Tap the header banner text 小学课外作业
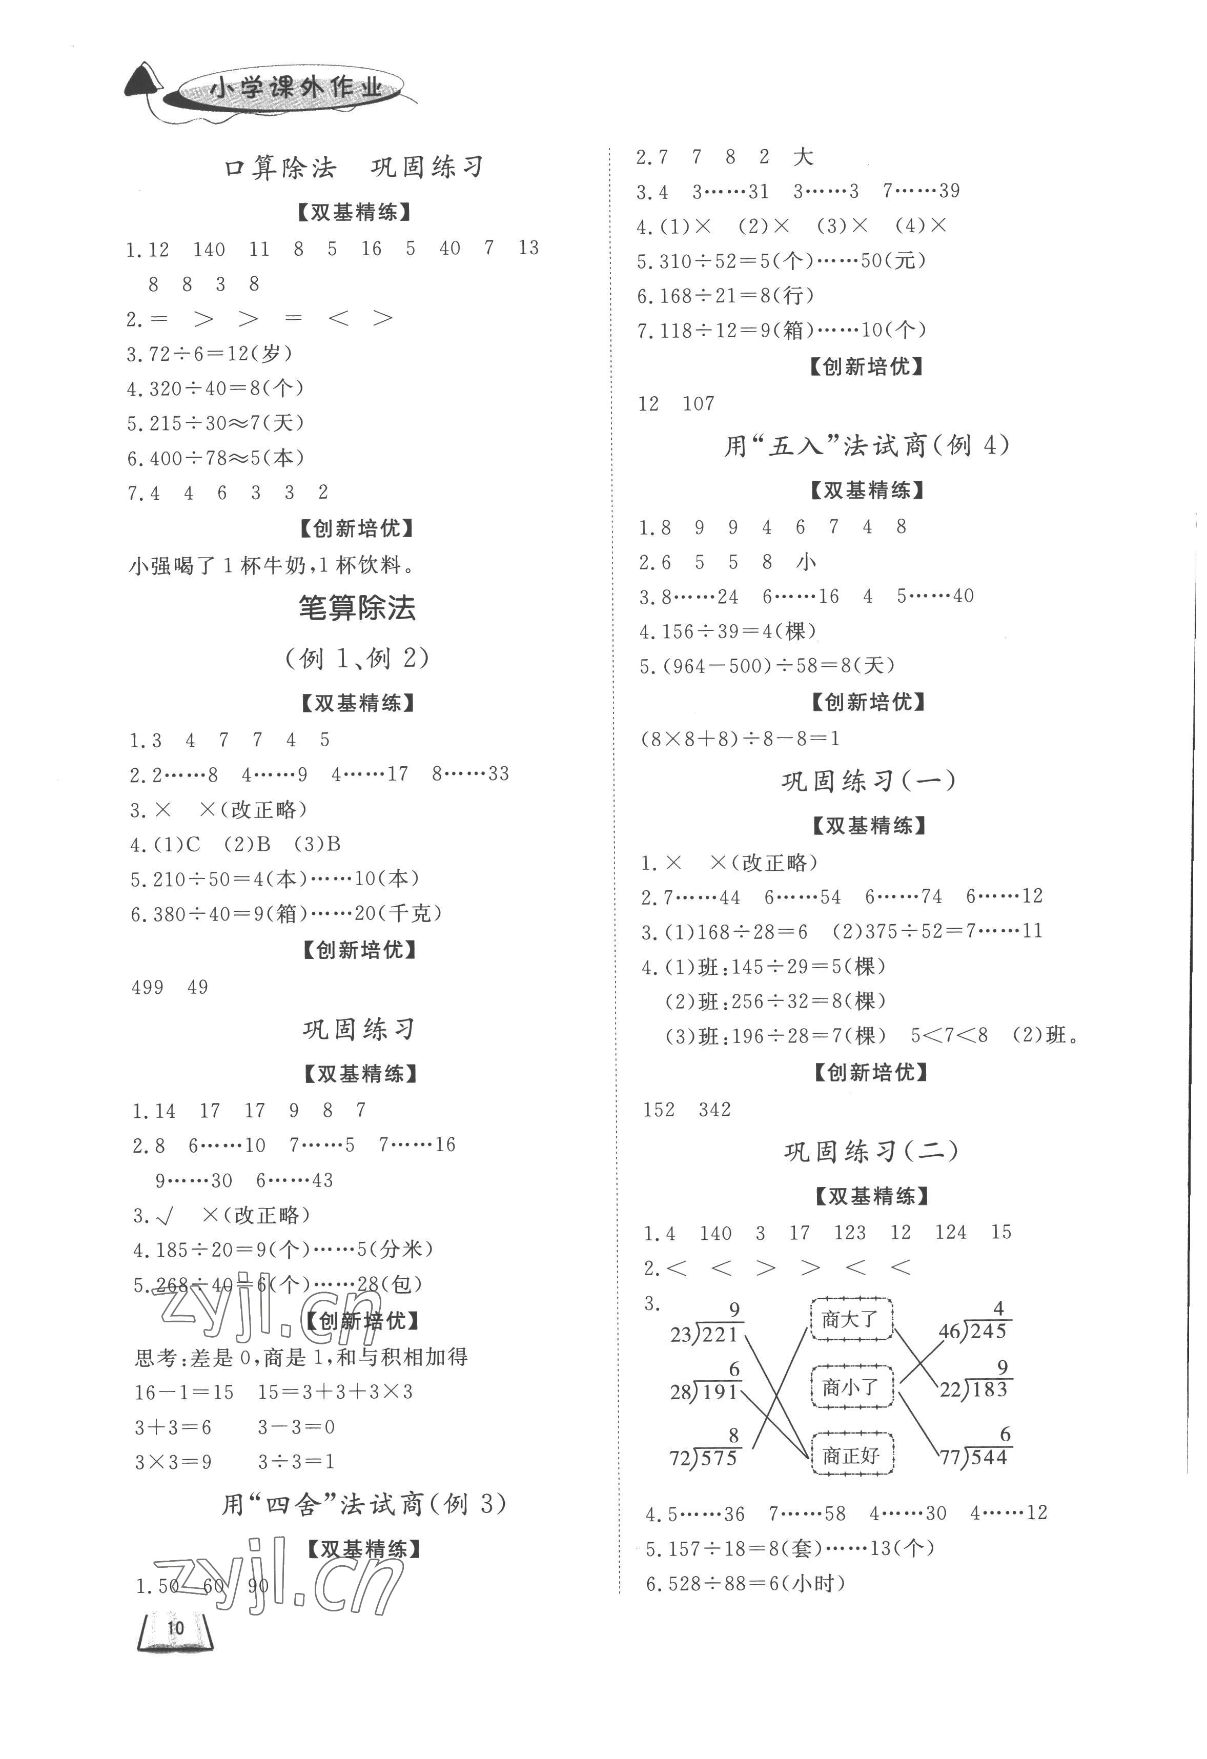295,89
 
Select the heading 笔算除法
357,608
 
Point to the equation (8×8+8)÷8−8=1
740,739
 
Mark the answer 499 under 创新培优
148,987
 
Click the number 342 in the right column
714,1110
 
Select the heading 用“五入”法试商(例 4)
867,446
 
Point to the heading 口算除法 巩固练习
354,167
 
